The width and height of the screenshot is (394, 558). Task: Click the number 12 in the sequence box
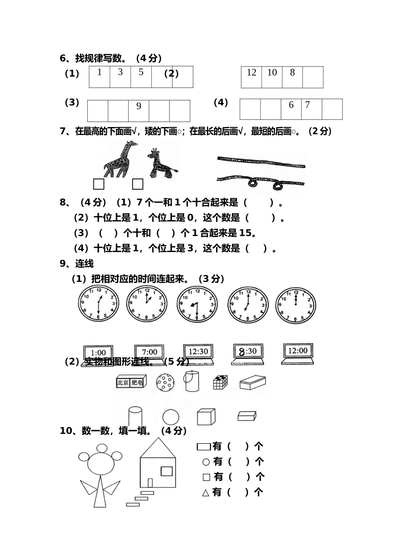click(251, 73)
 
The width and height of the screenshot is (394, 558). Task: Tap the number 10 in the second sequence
click(272, 73)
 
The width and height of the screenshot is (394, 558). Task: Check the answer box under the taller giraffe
click(99, 184)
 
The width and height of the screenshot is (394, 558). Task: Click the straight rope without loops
click(261, 162)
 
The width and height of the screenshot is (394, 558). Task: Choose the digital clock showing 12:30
click(198, 352)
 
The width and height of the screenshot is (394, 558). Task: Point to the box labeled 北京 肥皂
click(130, 382)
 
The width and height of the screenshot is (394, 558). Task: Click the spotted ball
click(165, 382)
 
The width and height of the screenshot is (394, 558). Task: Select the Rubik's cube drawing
click(220, 382)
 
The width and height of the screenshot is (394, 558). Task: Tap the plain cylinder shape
click(135, 416)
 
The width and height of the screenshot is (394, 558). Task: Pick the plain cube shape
click(206, 417)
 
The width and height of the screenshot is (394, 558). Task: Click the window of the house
click(166, 471)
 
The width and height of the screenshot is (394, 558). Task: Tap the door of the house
click(150, 483)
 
